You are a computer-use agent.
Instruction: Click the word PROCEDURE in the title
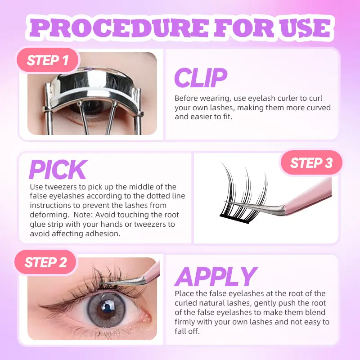point(119,28)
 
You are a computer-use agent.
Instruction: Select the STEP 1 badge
point(48,60)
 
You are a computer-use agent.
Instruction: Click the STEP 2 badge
point(45,262)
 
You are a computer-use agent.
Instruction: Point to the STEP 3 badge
point(311,163)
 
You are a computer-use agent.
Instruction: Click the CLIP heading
point(201,78)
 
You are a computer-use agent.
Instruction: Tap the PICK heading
point(58,170)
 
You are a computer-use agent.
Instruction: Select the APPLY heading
point(216,277)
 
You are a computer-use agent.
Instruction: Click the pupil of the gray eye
point(107,310)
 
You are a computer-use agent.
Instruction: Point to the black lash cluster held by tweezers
point(243,195)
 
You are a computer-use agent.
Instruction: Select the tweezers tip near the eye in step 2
point(100,283)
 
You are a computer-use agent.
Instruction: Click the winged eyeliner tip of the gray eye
point(40,306)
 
